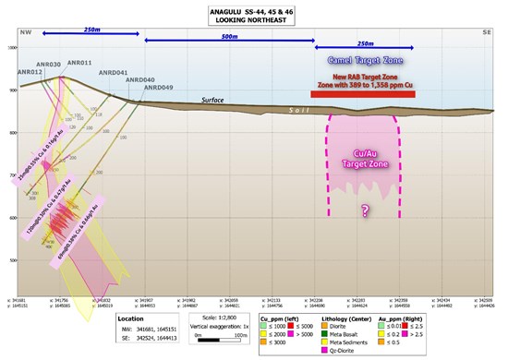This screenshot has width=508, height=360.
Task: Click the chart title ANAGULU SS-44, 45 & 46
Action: point(253,10)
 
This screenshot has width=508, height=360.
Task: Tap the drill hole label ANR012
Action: point(30,71)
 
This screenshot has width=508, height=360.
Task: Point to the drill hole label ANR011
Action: point(79,63)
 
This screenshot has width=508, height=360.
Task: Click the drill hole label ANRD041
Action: point(113,72)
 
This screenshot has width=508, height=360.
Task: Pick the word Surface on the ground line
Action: point(213,101)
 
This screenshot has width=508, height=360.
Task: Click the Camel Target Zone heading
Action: point(367,60)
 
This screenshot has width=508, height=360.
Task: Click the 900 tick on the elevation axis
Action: point(13,90)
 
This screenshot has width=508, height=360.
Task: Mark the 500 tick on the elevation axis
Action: point(13,260)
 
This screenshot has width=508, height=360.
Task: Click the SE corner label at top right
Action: point(487,30)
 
